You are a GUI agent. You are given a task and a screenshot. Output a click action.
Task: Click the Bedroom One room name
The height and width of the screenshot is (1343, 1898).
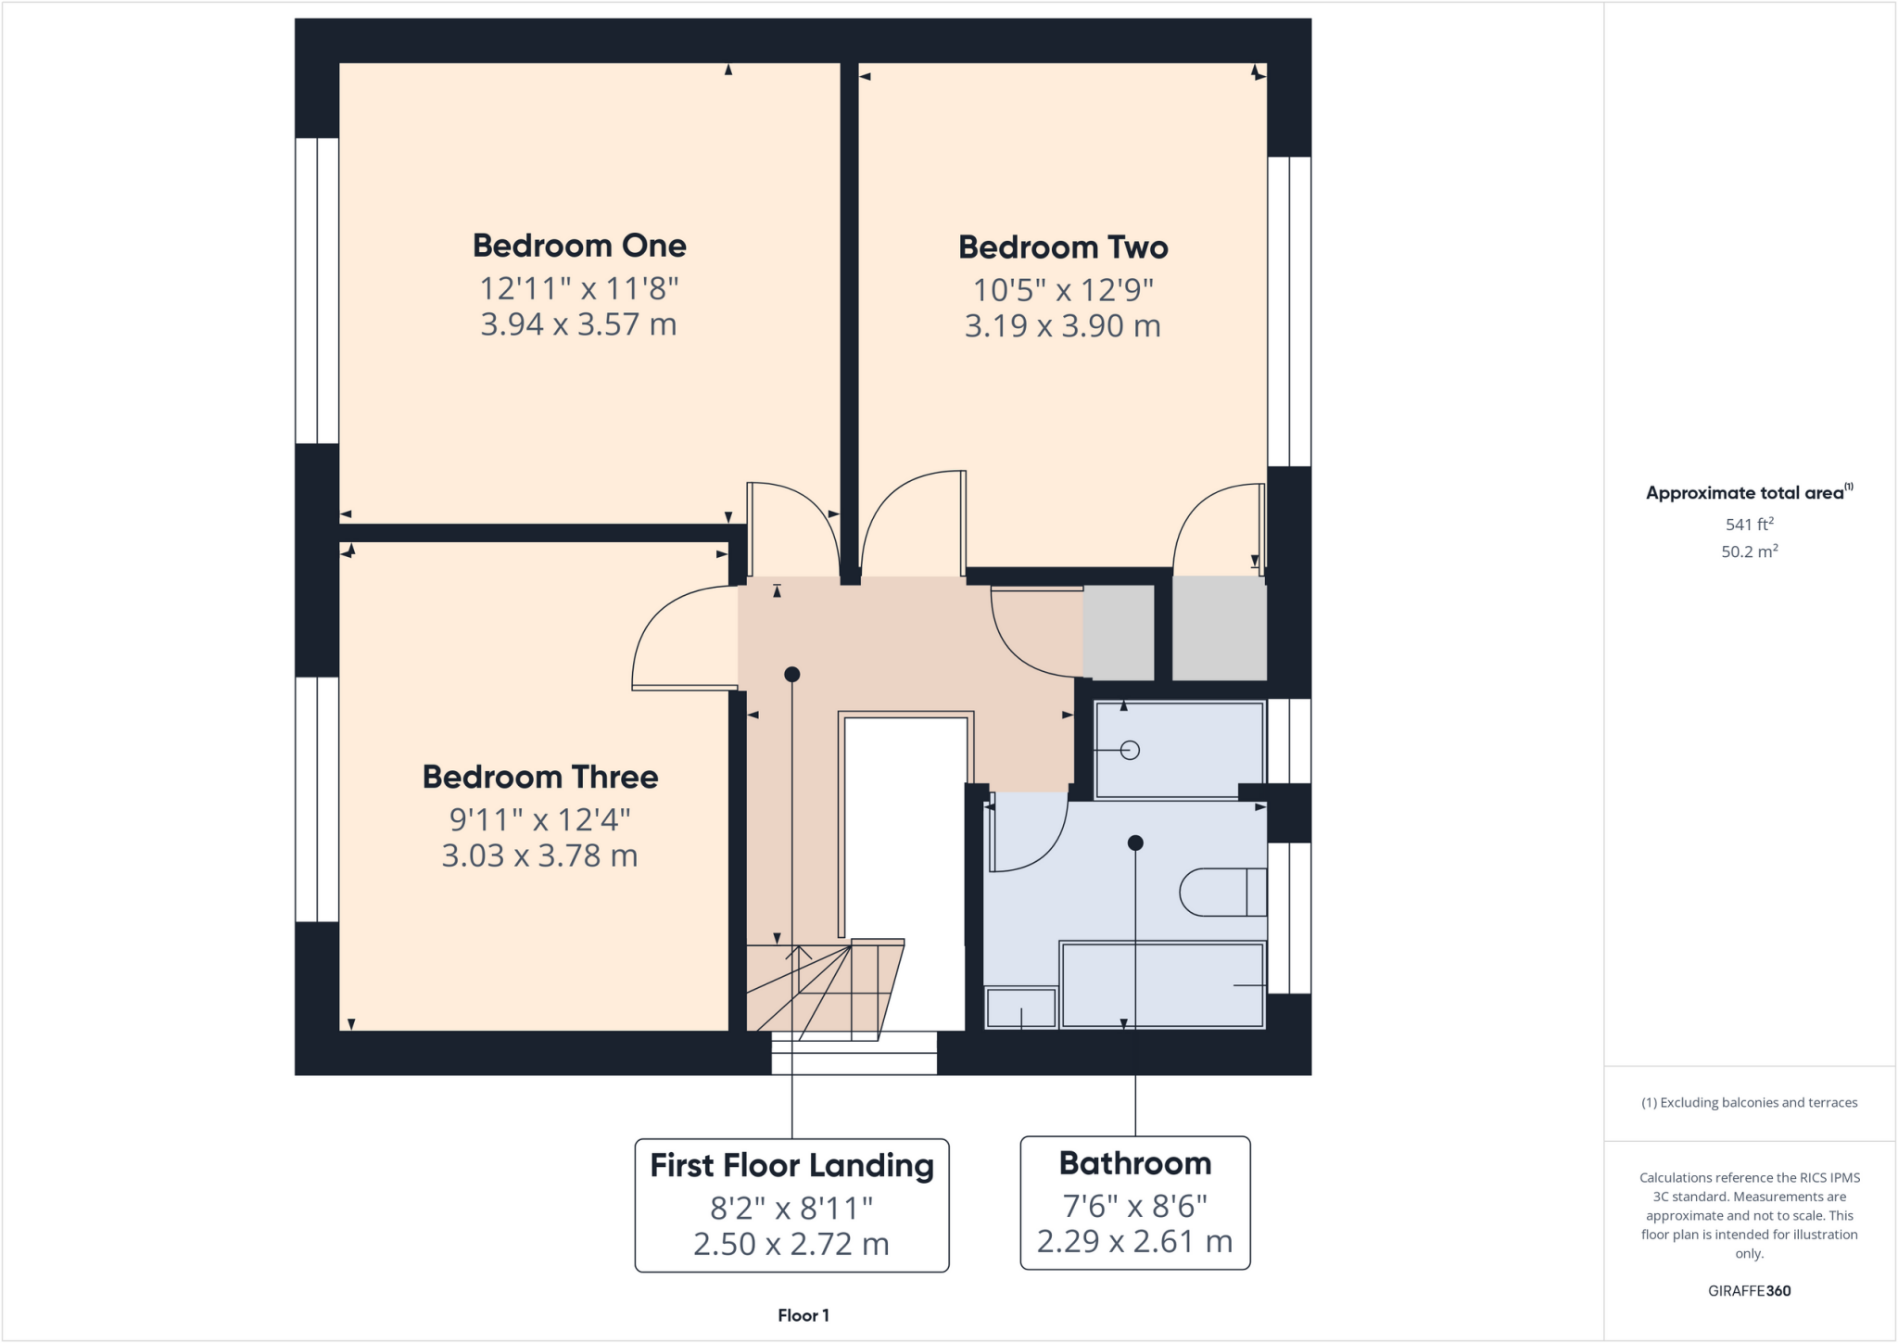(x=579, y=246)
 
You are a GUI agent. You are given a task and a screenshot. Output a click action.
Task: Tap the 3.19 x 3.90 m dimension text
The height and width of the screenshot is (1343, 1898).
(x=1062, y=326)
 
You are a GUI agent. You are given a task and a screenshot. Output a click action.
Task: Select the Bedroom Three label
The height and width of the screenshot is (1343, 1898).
(x=540, y=777)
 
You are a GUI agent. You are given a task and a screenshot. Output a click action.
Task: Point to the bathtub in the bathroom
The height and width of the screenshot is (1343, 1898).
(x=1162, y=985)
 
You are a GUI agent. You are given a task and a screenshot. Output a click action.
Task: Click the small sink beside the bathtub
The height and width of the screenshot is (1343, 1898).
(x=1020, y=1008)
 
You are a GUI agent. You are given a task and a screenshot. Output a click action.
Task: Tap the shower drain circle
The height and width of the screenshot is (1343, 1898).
(x=1130, y=750)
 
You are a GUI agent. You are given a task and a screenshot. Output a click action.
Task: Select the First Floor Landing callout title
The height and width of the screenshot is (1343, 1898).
(x=791, y=1166)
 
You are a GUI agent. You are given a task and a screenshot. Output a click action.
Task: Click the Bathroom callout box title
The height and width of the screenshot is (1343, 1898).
(x=1135, y=1163)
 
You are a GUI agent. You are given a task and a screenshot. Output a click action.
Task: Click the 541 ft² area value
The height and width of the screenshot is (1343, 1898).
(x=1749, y=525)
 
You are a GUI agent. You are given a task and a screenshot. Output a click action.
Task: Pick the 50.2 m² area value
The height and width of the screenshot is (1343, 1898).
(x=1749, y=551)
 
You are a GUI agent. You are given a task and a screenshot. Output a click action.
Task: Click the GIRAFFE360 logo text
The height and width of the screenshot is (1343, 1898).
(x=1749, y=1290)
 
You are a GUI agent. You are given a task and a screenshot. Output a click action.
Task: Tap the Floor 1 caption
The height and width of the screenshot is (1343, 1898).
(x=803, y=1315)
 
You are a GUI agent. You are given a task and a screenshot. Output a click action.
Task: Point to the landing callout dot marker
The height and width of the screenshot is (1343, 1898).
(x=791, y=675)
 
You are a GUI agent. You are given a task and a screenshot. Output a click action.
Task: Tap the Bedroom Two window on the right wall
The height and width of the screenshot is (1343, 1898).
(x=1289, y=310)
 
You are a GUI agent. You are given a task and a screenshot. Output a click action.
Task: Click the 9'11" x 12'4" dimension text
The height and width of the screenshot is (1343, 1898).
(x=540, y=819)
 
